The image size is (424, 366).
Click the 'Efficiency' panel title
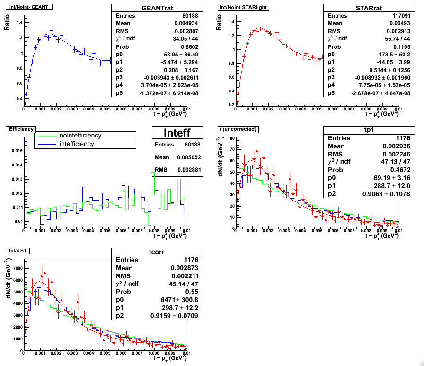click(18, 128)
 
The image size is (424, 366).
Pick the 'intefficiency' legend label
click(77, 144)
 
